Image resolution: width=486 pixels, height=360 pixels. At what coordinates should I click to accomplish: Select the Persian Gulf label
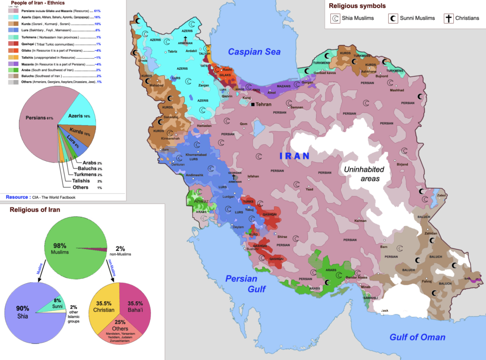click(x=246, y=284)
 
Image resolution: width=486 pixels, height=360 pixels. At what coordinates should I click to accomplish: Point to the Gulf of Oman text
click(x=417, y=337)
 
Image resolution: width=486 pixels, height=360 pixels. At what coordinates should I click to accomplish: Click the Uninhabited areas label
click(x=362, y=174)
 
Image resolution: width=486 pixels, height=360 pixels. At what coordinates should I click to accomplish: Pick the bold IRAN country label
click(x=294, y=156)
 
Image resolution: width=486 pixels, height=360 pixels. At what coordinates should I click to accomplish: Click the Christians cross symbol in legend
click(x=448, y=18)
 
